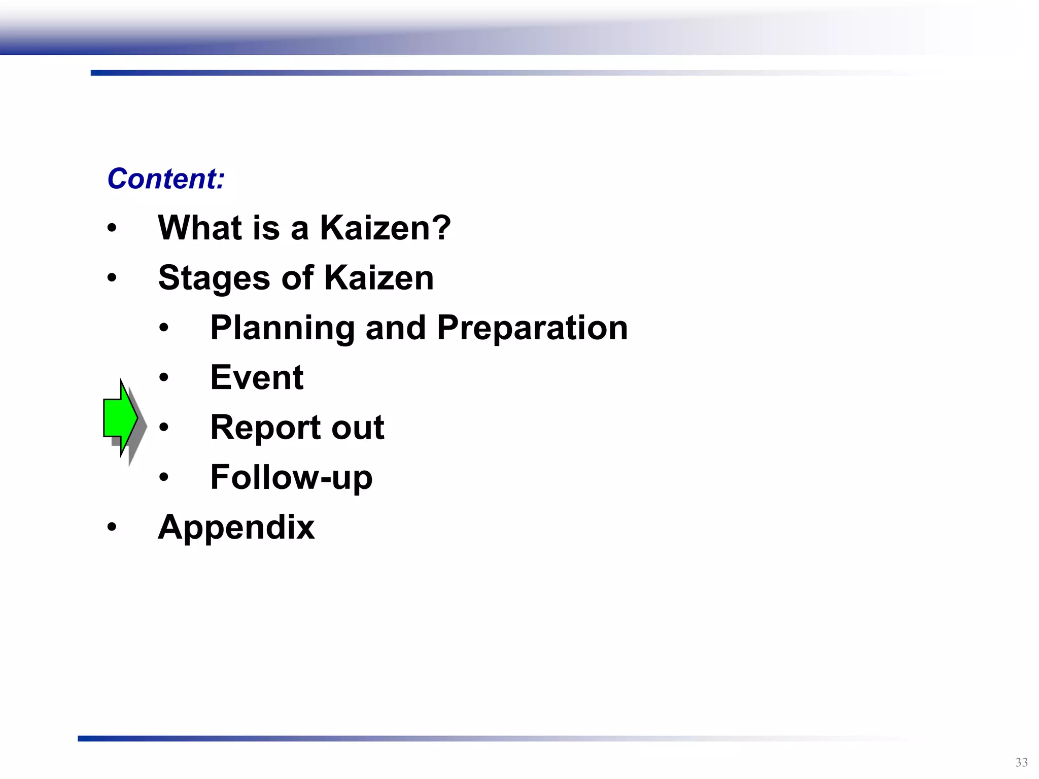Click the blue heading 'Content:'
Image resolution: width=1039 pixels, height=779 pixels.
165,179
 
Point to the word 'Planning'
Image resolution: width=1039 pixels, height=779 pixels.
282,328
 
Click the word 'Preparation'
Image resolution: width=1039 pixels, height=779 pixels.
532,328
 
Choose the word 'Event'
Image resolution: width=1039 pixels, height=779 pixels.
257,377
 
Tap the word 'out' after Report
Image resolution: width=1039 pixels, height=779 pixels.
358,427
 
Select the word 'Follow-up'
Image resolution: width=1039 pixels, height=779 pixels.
291,478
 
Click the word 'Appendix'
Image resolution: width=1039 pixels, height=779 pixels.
236,528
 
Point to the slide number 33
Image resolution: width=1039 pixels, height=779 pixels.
1021,762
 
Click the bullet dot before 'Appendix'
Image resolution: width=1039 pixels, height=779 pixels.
112,527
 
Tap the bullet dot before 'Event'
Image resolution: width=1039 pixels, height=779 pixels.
163,377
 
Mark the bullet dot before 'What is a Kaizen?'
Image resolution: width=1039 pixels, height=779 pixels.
112,228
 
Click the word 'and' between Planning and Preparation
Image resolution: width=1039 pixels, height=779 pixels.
395,328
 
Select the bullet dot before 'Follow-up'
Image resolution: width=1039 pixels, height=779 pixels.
163,477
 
